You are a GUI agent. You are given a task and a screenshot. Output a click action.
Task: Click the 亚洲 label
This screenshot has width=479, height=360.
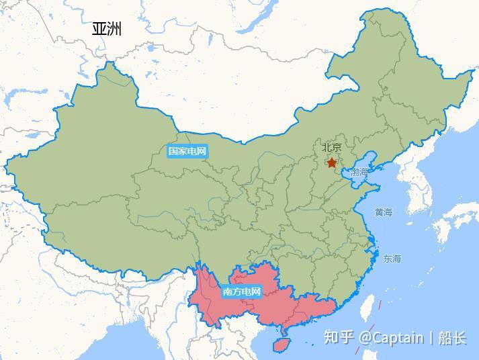pos(107,28)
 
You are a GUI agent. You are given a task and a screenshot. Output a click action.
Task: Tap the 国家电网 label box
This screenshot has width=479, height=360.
pos(187,151)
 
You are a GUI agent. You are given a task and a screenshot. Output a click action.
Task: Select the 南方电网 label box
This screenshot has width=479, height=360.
pos(241,291)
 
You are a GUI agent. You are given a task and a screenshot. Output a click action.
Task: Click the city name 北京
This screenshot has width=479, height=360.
pos(331,148)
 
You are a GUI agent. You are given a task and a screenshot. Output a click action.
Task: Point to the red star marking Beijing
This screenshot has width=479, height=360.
pos(331,163)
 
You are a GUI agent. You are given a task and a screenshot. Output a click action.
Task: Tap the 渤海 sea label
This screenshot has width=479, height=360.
pos(359,173)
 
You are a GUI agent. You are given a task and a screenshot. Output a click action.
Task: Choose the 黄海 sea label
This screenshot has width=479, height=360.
pos(383,212)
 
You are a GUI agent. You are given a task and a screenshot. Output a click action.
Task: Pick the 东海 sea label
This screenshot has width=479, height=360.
pos(392,259)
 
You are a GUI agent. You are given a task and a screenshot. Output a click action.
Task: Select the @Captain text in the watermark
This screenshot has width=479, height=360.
pos(391,337)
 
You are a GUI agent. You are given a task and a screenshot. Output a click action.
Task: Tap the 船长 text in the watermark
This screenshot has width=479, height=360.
pos(452,337)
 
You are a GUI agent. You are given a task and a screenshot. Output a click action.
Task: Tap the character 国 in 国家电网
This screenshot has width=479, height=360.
pos(173,151)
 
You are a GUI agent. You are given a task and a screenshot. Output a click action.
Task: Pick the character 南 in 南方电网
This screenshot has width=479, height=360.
pos(227,291)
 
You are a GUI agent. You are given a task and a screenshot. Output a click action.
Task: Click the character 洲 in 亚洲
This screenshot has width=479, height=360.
pos(114,28)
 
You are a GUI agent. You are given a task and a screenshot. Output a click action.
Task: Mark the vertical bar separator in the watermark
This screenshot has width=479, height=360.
pos(431,337)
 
